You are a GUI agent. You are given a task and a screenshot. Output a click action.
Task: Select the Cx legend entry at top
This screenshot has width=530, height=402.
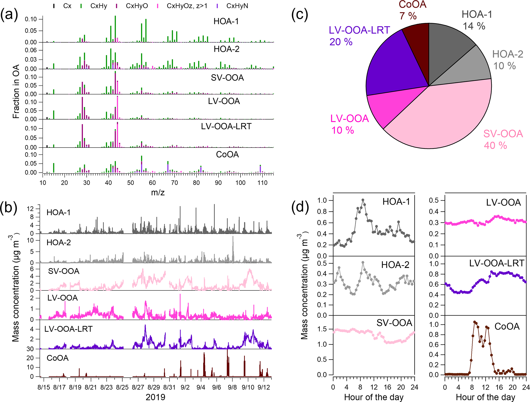[x=67, y=6]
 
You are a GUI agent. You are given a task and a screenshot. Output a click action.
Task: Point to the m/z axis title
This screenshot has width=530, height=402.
[x=158, y=192]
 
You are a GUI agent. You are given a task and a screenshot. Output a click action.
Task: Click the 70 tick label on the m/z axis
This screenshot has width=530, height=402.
[x=174, y=183]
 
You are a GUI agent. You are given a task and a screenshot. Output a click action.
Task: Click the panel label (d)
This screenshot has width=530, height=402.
[x=300, y=207]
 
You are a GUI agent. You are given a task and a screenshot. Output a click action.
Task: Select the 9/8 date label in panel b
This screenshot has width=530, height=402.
[x=232, y=387]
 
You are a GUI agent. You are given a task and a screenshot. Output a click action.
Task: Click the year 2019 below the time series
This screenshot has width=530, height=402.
[x=155, y=397]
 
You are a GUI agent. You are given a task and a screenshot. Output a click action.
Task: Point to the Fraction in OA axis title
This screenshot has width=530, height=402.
[x=16, y=91]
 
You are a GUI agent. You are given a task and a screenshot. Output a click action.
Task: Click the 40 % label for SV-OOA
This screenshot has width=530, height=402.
[x=495, y=146]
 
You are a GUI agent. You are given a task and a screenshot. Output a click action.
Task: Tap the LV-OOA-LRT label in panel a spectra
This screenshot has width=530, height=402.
[x=226, y=126]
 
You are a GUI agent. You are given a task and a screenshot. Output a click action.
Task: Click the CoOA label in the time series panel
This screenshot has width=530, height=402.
[x=57, y=358]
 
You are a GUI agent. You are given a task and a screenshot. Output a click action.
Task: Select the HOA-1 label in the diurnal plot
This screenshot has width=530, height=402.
[x=396, y=202]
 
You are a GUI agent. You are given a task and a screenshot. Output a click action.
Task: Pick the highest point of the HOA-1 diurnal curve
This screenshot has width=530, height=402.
[x=363, y=200]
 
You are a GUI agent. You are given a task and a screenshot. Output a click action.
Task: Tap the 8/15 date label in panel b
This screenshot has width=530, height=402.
[x=44, y=387]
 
